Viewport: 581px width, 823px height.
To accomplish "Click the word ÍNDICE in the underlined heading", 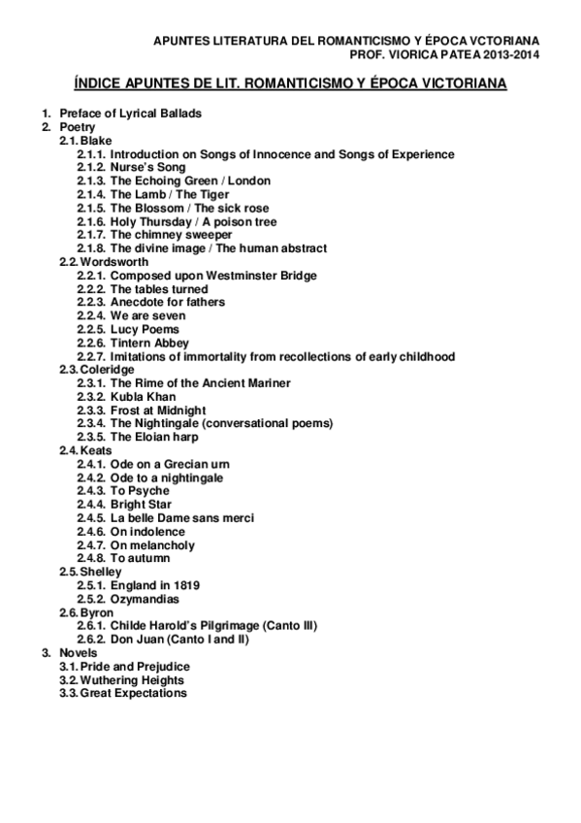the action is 101,85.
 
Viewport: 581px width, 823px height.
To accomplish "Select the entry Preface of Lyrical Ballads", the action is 130,114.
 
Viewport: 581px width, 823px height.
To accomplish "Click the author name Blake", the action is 96,141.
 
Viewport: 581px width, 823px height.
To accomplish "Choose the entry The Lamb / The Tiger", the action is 169,195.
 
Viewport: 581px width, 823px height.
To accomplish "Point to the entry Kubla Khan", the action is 143,397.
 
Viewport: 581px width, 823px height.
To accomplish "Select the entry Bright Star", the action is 142,505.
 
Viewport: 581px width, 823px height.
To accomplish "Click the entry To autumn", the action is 140,558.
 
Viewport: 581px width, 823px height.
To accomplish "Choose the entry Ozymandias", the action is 145,599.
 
